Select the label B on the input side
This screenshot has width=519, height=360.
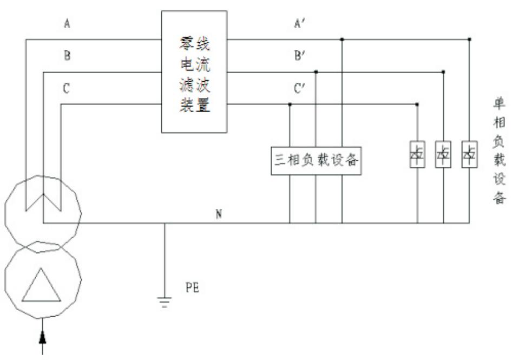click(x=67, y=56)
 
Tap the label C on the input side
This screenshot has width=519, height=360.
click(x=66, y=88)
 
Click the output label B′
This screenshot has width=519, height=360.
click(x=301, y=56)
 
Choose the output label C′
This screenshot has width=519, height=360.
click(x=301, y=88)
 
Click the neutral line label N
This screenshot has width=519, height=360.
click(x=219, y=214)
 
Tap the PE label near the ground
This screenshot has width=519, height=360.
click(x=192, y=287)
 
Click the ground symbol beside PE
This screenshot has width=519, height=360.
click(x=165, y=301)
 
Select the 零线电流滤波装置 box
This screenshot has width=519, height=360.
click(x=194, y=71)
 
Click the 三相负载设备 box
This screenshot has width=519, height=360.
click(x=316, y=160)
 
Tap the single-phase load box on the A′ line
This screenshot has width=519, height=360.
click(x=469, y=155)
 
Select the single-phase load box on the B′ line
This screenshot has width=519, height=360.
click(x=443, y=155)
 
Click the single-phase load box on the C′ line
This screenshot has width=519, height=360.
click(x=417, y=155)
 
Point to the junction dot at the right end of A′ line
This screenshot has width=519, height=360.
click(x=469, y=39)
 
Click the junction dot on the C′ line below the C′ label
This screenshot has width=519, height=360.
click(x=290, y=104)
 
